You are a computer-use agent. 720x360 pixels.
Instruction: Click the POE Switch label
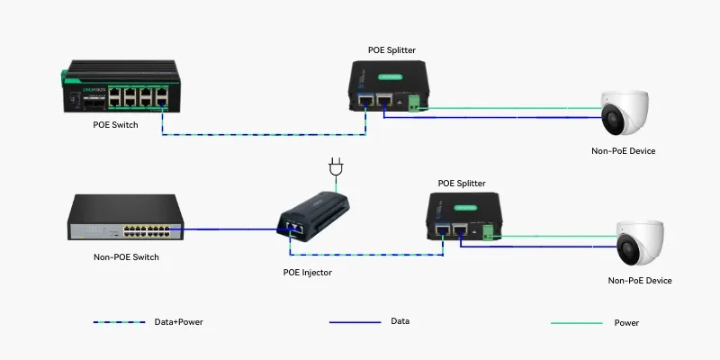pyautogui.click(x=116, y=124)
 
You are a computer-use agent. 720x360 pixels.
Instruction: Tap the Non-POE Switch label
pyautogui.click(x=127, y=257)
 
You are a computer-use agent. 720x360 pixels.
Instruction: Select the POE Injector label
pyautogui.click(x=307, y=272)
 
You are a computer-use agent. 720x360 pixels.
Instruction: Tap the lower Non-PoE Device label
pyautogui.click(x=640, y=281)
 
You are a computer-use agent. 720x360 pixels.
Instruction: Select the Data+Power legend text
pyautogui.click(x=178, y=322)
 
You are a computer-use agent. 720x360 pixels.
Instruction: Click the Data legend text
pyautogui.click(x=400, y=321)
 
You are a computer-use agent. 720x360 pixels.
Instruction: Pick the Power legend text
pyautogui.click(x=626, y=322)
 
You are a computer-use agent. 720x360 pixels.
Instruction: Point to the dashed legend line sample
pyautogui.click(x=119, y=322)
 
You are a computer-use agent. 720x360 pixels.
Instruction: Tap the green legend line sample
pyautogui.click(x=576, y=322)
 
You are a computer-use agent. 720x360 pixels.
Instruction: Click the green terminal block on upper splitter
pyautogui.click(x=415, y=104)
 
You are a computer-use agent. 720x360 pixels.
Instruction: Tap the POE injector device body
pyautogui.click(x=311, y=217)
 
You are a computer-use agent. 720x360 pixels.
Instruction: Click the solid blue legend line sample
pyautogui.click(x=355, y=322)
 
